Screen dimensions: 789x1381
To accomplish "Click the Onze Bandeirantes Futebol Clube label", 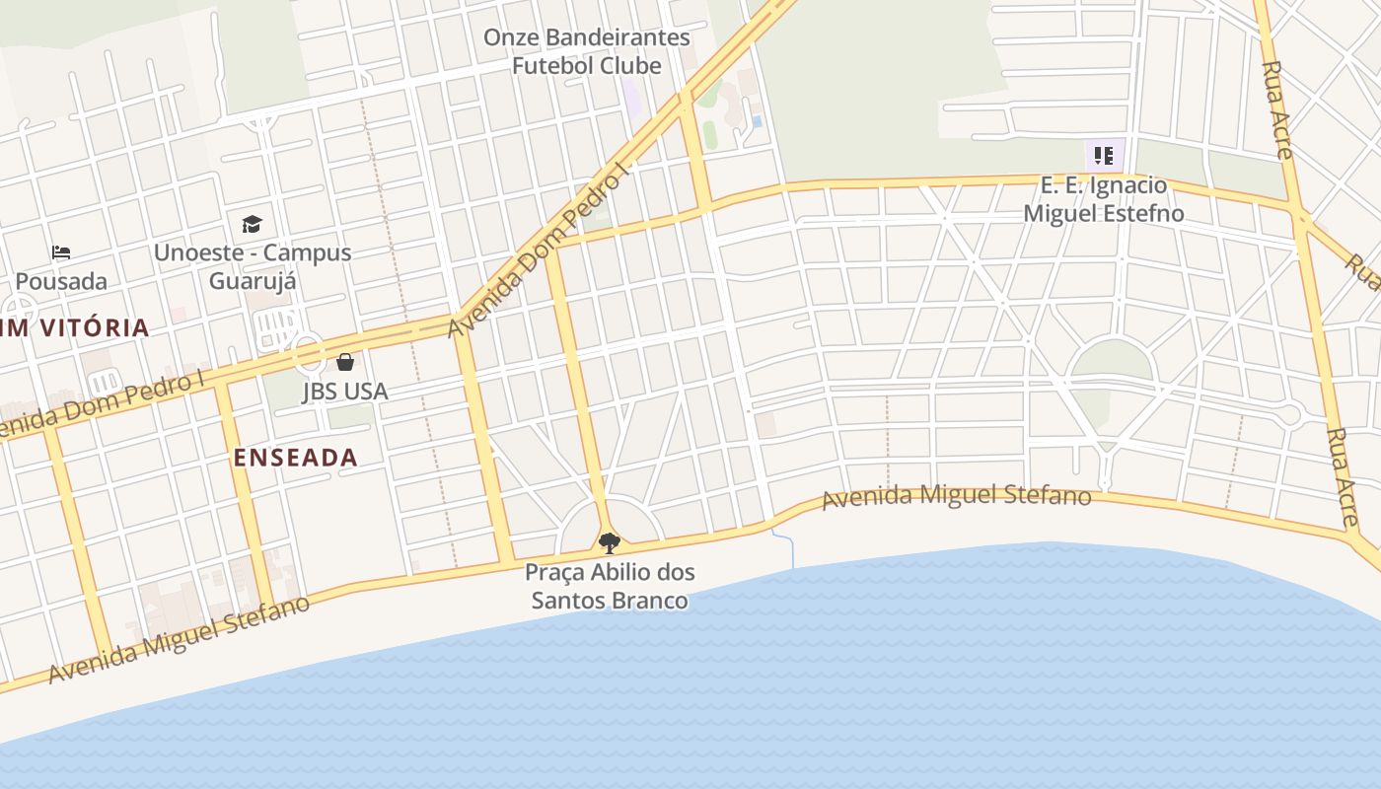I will coord(586,51).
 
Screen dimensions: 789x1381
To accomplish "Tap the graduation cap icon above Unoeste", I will coord(252,225).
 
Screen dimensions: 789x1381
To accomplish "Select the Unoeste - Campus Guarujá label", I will coord(253,266).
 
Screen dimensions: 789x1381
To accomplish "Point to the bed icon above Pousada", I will coord(61,252).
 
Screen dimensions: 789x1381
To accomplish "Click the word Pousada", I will coord(61,281).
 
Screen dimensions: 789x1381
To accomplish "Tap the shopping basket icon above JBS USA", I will coord(345,362).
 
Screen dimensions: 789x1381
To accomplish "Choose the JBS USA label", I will coord(345,392).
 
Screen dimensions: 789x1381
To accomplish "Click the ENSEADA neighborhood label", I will coord(295,458).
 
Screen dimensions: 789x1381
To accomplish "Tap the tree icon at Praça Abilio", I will coord(610,542).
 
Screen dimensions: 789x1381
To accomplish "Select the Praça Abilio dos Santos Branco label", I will coord(610,586).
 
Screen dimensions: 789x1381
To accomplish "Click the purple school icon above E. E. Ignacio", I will coord(1104,155).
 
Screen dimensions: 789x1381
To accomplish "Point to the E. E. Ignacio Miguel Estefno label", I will coord(1104,199).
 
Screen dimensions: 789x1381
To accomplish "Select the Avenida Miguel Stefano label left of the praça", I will coord(179,639).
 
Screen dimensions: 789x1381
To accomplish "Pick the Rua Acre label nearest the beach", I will coord(1343,477).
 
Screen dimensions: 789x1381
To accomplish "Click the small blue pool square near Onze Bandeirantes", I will coord(757,121).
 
